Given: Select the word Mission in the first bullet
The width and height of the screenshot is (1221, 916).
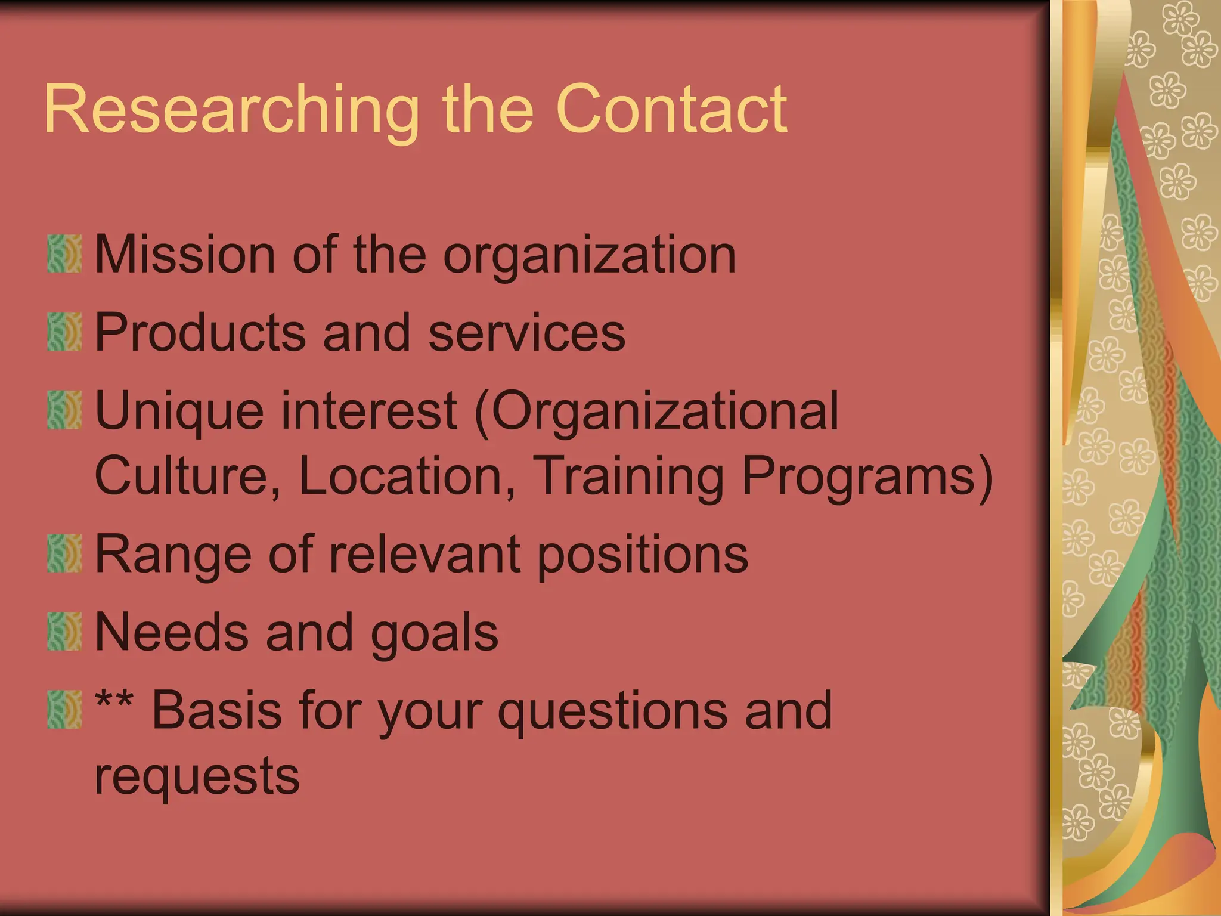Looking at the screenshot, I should [x=185, y=255].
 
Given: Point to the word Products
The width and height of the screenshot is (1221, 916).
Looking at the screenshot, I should [x=200, y=332].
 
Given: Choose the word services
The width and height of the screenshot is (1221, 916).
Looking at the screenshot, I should [x=527, y=332].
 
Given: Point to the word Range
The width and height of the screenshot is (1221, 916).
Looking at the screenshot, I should [x=173, y=555].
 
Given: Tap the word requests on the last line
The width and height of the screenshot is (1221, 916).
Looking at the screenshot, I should [x=197, y=776].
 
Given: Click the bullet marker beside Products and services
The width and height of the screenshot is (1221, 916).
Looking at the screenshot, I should [x=64, y=332].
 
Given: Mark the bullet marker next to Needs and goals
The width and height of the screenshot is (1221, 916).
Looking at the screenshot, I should [x=64, y=632].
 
